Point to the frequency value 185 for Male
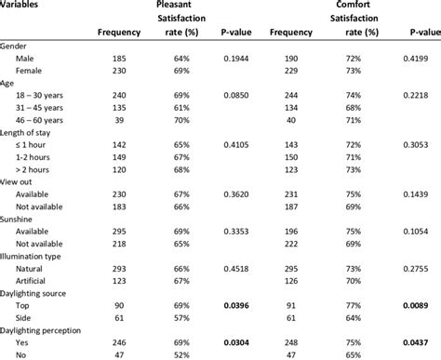(118, 58)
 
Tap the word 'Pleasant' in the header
(180, 5)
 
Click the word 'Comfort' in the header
(352, 5)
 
